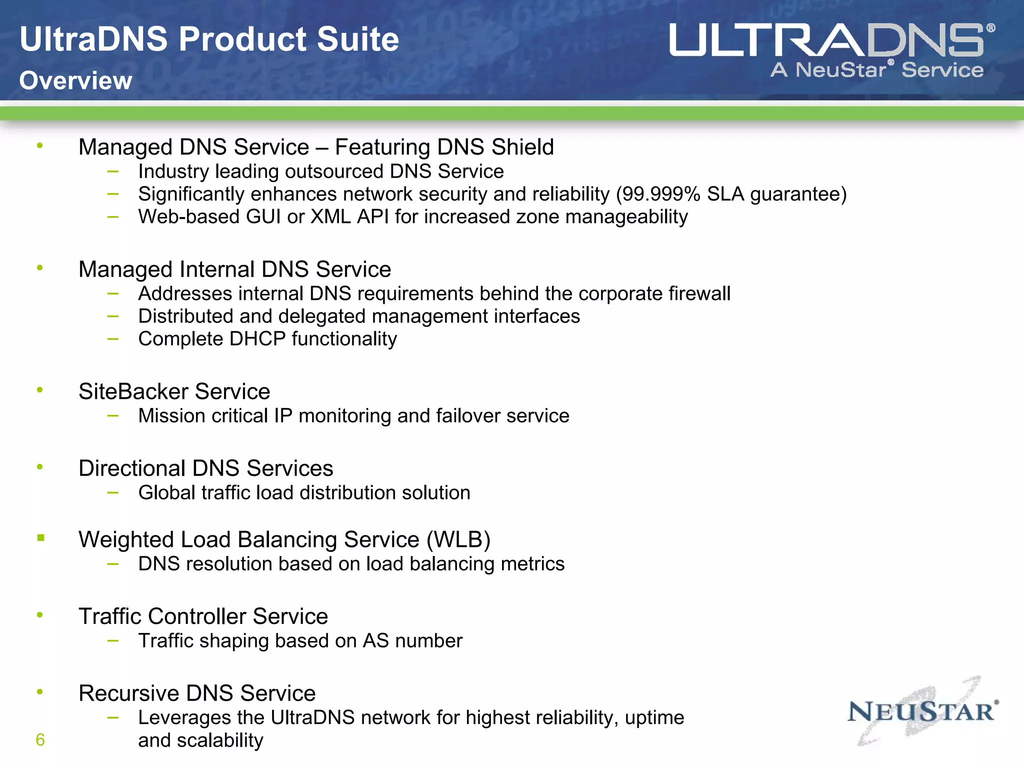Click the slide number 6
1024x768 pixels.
(40, 740)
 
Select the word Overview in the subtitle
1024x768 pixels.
(76, 80)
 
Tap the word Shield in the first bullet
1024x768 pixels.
(522, 147)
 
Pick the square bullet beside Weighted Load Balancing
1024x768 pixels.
(41, 538)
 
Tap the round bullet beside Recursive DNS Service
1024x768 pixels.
(40, 692)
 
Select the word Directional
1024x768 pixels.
(132, 468)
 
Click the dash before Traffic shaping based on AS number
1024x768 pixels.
(113, 640)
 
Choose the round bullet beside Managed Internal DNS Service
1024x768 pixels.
(40, 268)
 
